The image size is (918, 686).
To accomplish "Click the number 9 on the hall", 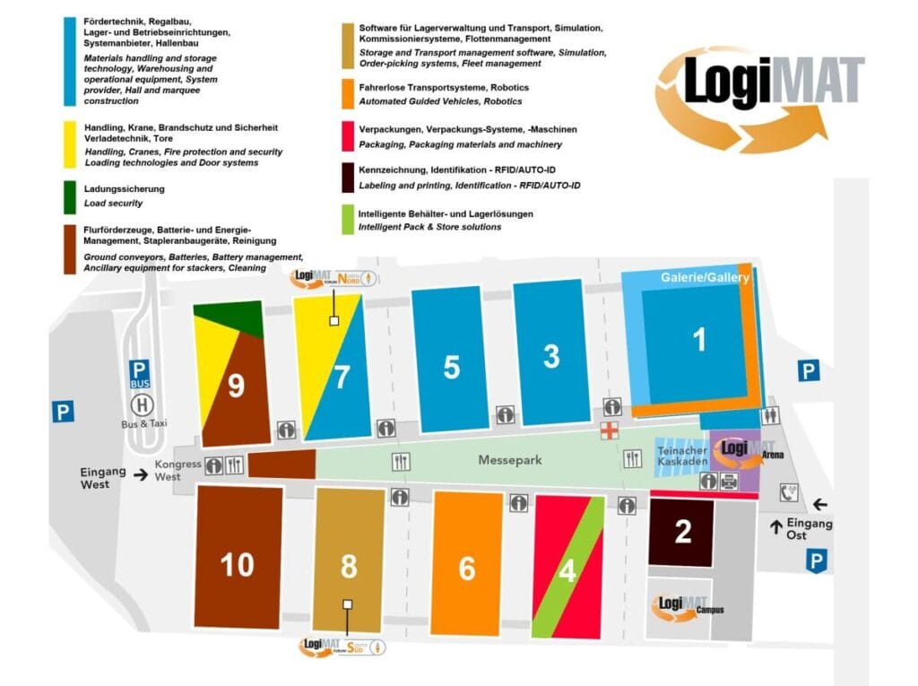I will [x=236, y=386].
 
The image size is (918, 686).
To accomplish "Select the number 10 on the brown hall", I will [x=238, y=564].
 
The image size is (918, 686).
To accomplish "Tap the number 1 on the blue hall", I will [x=700, y=340].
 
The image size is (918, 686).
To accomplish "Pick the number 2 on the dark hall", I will [x=682, y=532].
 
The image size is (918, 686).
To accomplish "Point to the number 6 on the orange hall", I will [x=466, y=569].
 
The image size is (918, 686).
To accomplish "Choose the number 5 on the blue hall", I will [x=451, y=367].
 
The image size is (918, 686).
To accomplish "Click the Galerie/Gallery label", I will [x=705, y=278].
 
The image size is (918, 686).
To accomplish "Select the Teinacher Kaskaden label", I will [x=682, y=456].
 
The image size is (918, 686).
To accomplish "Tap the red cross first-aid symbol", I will [x=610, y=431].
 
